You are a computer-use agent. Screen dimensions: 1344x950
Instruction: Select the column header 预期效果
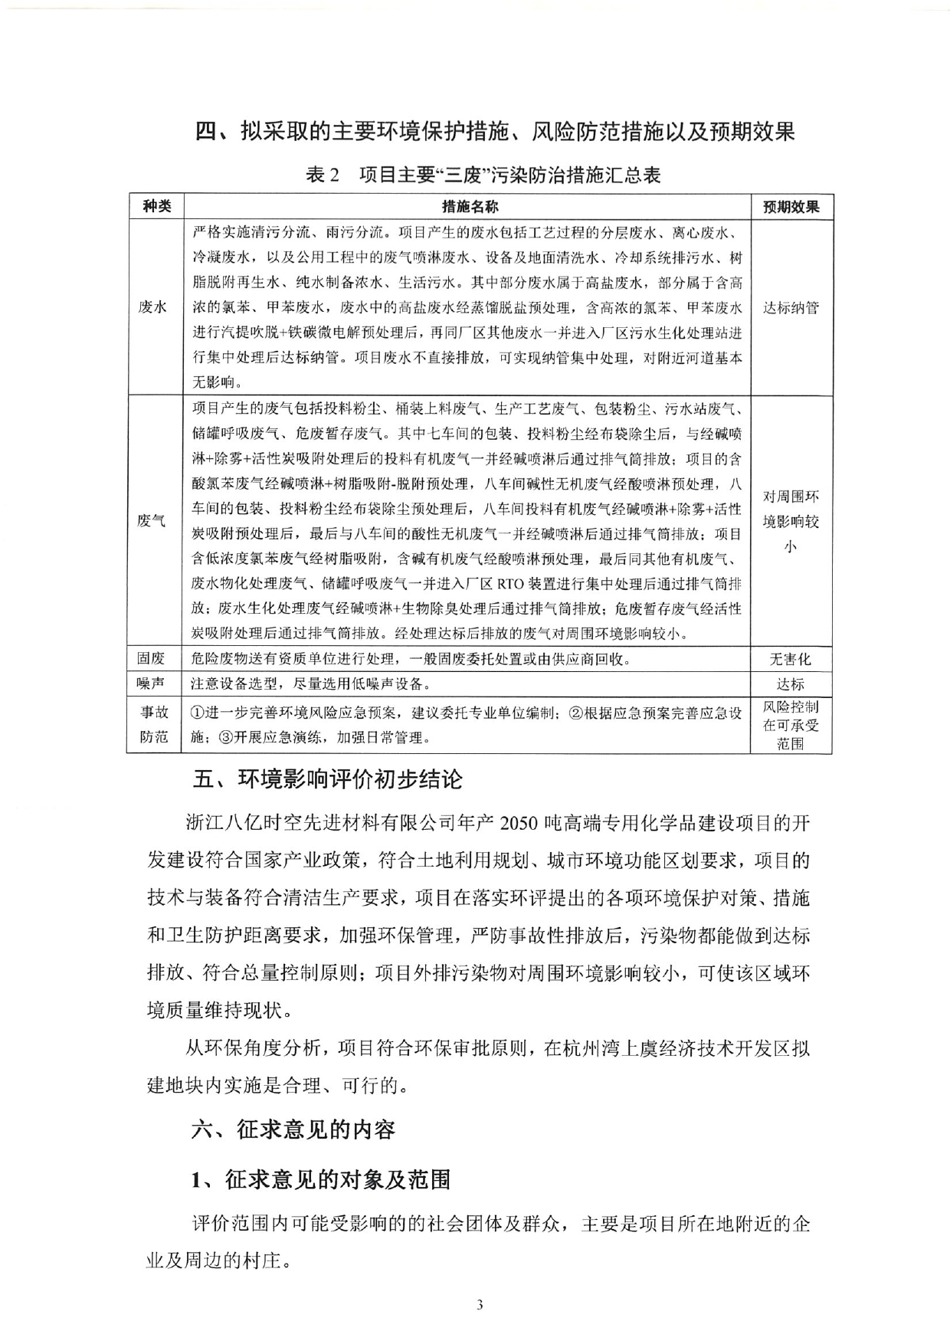click(791, 207)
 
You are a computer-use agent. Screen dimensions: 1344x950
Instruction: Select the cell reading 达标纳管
click(791, 307)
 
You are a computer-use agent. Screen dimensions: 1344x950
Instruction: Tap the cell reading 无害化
click(791, 659)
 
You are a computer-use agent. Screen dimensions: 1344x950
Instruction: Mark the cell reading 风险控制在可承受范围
click(791, 725)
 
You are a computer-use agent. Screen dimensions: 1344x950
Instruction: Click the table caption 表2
click(322, 175)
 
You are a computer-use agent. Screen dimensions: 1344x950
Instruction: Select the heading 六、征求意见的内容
click(293, 1129)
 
